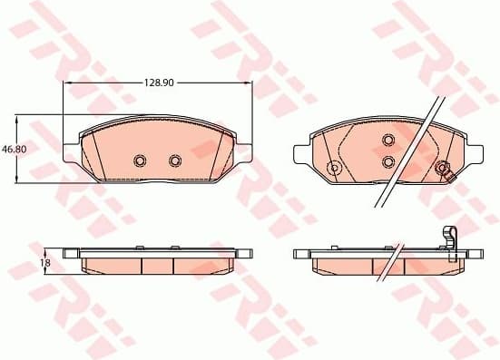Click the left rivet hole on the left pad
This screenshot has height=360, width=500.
click(140, 161)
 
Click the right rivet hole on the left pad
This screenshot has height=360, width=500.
click(175, 161)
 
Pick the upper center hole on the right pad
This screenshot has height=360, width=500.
click(387, 140)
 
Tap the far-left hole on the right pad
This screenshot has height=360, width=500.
click(333, 167)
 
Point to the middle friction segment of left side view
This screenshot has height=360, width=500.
click(157, 264)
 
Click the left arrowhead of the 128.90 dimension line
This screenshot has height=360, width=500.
click(66, 83)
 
